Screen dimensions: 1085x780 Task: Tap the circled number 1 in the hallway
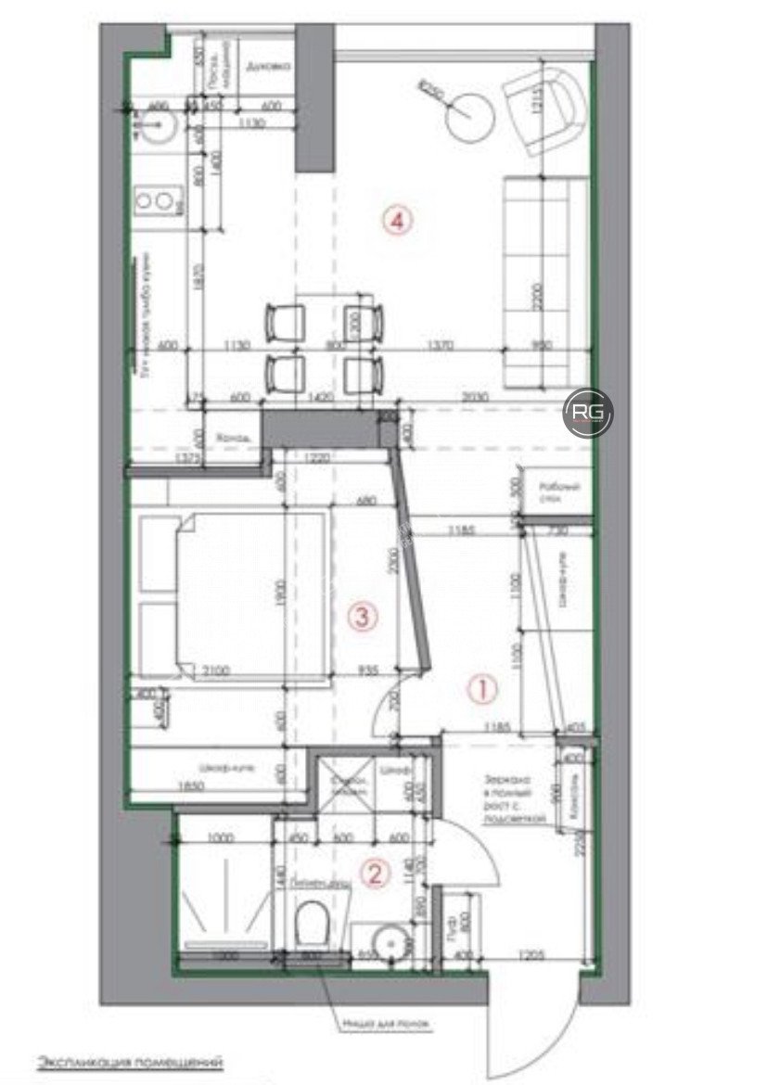pyautogui.click(x=482, y=688)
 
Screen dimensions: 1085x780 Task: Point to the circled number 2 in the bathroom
pyautogui.click(x=375, y=872)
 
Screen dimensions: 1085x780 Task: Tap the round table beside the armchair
pyautogui.click(x=471, y=119)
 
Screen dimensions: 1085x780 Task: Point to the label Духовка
pyautogui.click(x=268, y=66)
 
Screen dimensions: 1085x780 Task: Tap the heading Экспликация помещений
pyautogui.click(x=130, y=1060)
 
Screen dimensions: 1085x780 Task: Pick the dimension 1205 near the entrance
pyautogui.click(x=531, y=953)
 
